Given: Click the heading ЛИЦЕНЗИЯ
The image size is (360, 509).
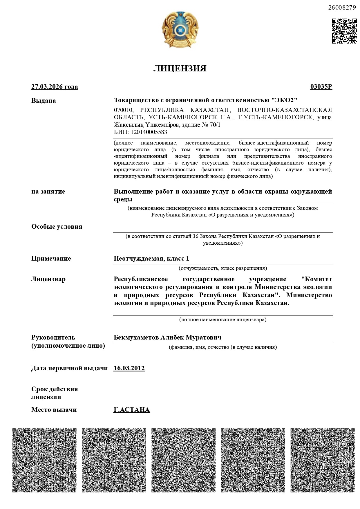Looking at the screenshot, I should pyautogui.click(x=180, y=68).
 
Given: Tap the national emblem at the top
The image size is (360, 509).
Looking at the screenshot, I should pyautogui.click(x=180, y=30).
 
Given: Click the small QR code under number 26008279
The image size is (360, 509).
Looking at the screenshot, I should pyautogui.click(x=344, y=31).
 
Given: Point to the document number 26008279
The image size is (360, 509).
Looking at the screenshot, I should pyautogui.click(x=342, y=8).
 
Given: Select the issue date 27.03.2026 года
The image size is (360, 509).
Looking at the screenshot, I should pyautogui.click(x=55, y=87).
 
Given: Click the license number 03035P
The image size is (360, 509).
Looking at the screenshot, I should pyautogui.click(x=321, y=87).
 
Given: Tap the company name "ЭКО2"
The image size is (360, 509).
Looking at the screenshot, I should pyautogui.click(x=284, y=100).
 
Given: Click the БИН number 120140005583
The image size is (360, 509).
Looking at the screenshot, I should pyautogui.click(x=149, y=132).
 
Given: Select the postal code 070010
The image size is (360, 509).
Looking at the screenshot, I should pyautogui.click(x=123, y=110).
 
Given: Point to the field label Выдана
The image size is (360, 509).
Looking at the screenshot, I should pyautogui.click(x=44, y=101).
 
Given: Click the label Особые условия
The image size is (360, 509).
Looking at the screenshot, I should pyautogui.click(x=57, y=226).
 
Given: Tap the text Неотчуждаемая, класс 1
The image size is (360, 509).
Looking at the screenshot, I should pyautogui.click(x=151, y=258).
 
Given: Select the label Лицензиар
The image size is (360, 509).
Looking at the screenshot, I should pyautogui.click(x=48, y=279).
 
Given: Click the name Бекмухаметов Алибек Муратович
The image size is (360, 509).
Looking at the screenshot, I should pyautogui.click(x=168, y=337).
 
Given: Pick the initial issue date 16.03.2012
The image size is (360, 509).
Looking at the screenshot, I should pyautogui.click(x=129, y=368).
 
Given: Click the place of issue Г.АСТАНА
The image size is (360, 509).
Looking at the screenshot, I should pyautogui.click(x=132, y=410).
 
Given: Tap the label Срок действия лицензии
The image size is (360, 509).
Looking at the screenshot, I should pyautogui.click(x=55, y=393).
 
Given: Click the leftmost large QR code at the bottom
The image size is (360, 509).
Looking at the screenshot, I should pyautogui.click(x=44, y=460).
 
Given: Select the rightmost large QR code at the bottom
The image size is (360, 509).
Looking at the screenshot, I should pyautogui.click(x=323, y=460).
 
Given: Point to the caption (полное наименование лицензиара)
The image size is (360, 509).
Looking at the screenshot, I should pyautogui.click(x=223, y=320).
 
